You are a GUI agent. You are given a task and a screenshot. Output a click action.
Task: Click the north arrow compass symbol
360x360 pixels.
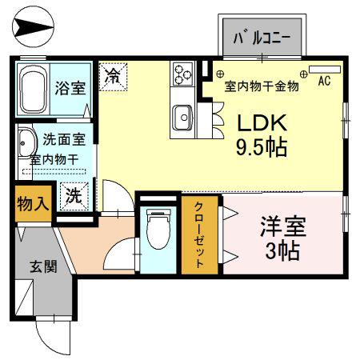pyautogui.click(x=33, y=27)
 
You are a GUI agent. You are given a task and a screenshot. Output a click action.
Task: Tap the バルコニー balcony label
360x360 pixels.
pyautogui.click(x=262, y=39)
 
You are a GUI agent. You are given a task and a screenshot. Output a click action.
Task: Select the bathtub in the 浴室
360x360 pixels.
pyautogui.click(x=33, y=89)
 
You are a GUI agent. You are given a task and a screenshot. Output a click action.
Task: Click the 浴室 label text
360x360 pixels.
pyautogui.click(x=70, y=88)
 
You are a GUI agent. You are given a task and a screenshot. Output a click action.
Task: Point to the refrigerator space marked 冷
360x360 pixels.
pyautogui.click(x=113, y=77)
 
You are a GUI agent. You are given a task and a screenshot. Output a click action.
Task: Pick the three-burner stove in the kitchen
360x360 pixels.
pyautogui.click(x=183, y=74)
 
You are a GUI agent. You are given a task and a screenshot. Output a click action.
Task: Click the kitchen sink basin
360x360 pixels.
pyautogui.click(x=182, y=118)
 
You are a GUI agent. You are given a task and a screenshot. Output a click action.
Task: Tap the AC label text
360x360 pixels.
pyautogui.click(x=325, y=81)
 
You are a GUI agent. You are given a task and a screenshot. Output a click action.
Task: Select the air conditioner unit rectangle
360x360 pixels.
pyautogui.click(x=325, y=70)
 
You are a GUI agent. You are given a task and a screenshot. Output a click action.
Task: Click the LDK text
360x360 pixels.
pyautogui.click(x=262, y=123)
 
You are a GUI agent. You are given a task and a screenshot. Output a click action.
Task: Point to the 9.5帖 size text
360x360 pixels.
pyautogui.click(x=262, y=147)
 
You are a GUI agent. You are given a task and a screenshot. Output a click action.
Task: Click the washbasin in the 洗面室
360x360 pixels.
pyautogui.click(x=27, y=143)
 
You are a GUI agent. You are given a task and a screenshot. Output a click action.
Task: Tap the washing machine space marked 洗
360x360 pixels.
pyautogui.click(x=74, y=196)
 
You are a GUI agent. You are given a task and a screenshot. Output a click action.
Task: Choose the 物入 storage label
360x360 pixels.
pyautogui.click(x=33, y=204)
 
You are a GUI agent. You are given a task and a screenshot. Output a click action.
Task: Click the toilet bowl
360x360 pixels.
pyautogui.click(x=158, y=230)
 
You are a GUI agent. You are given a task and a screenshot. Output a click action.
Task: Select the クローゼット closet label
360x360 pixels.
pyautogui.click(x=199, y=234)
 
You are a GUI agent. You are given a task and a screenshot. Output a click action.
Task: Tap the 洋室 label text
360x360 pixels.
pyautogui.click(x=283, y=226)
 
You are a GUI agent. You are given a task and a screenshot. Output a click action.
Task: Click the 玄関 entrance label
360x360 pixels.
pyautogui.click(x=43, y=266)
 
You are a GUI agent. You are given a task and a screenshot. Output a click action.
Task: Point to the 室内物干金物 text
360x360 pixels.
pyautogui.click(x=262, y=86)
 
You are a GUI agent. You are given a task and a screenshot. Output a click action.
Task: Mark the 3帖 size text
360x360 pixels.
pyautogui.click(x=282, y=251)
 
